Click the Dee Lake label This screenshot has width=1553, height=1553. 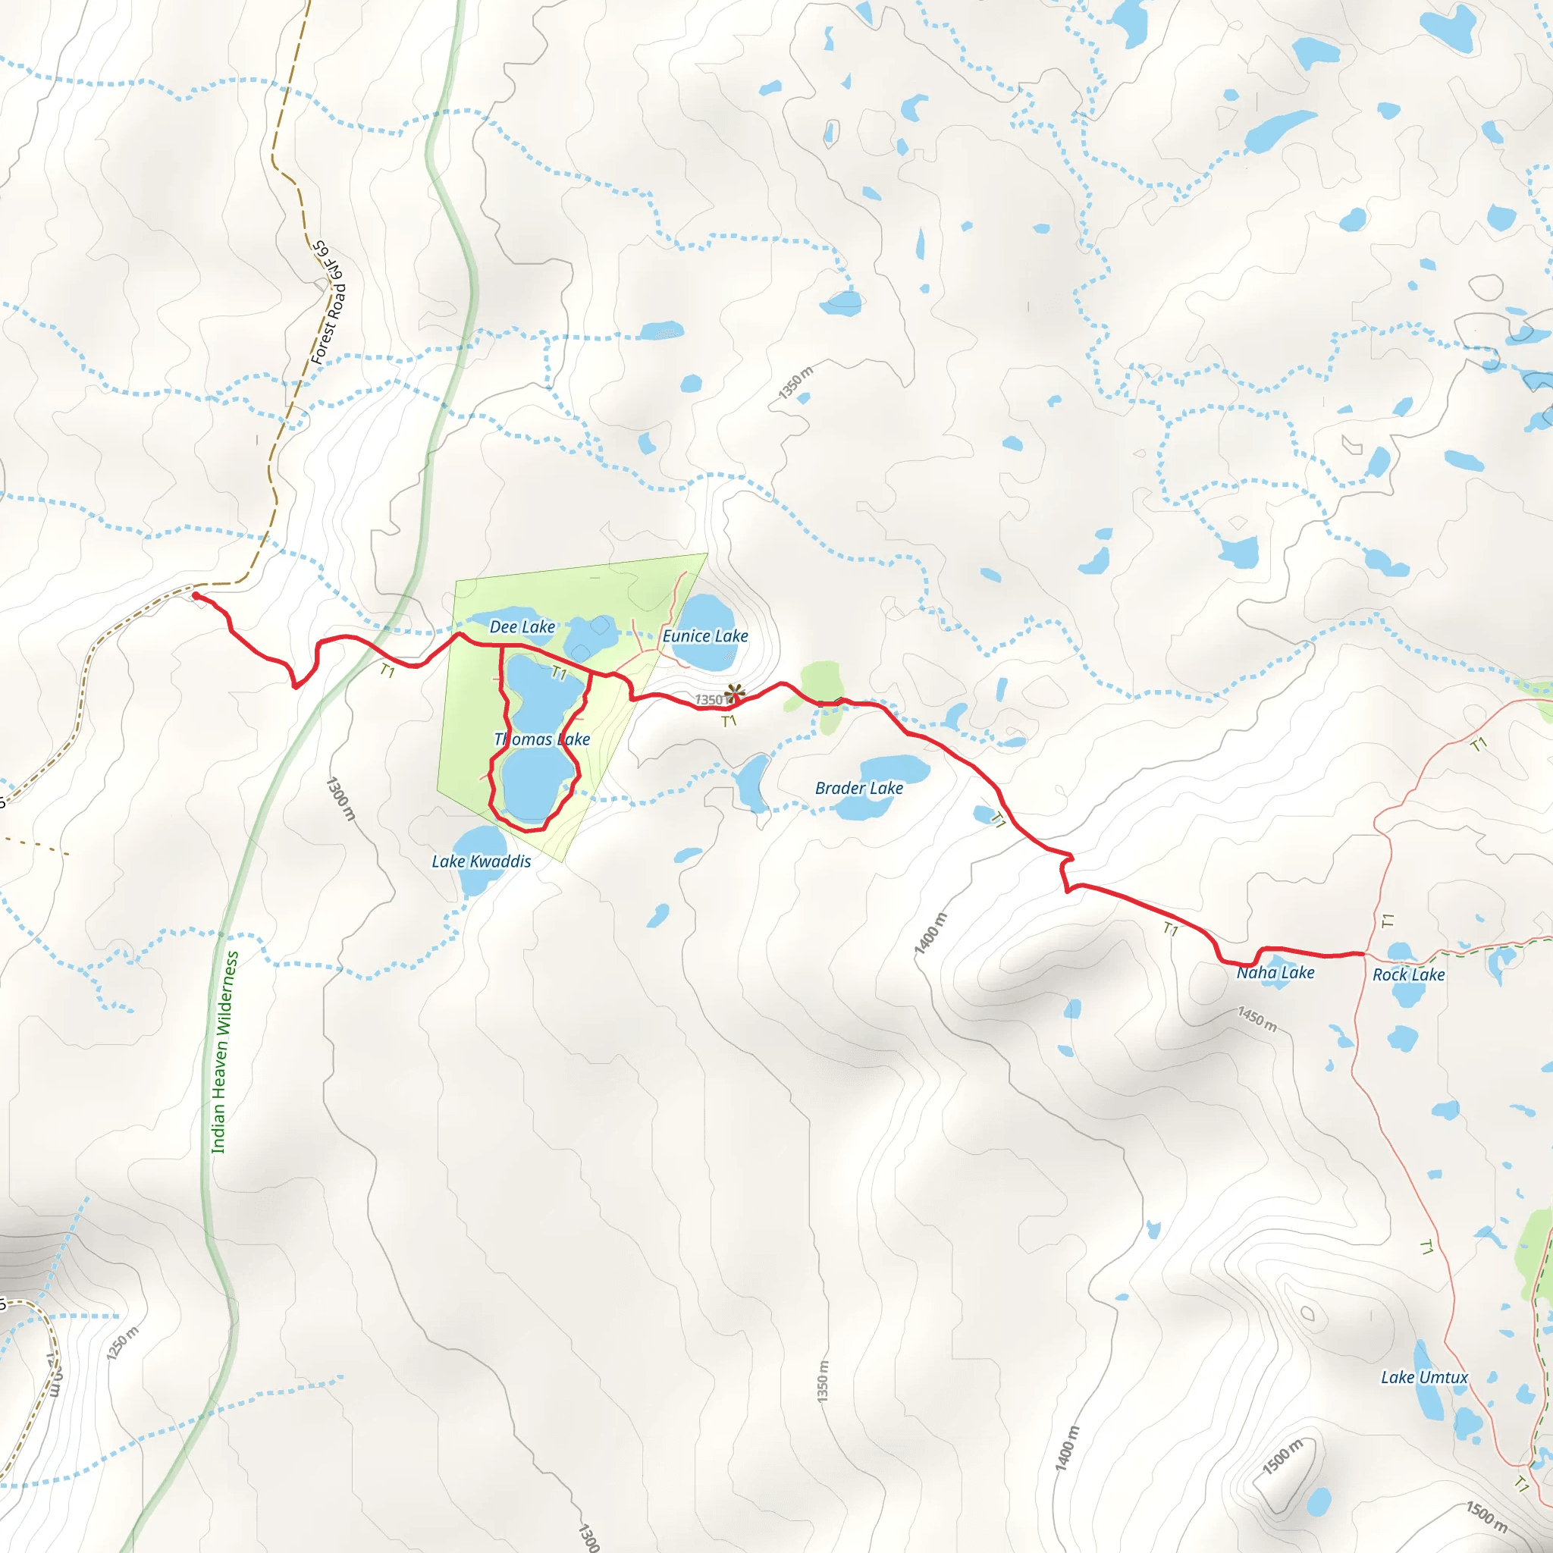click(522, 627)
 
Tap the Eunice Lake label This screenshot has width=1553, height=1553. click(705, 635)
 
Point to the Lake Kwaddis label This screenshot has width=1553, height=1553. click(482, 861)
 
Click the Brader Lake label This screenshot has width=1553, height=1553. click(858, 789)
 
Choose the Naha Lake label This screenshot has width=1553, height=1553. click(1275, 973)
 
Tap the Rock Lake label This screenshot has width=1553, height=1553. click(1408, 975)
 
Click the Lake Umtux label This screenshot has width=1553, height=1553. click(1424, 1378)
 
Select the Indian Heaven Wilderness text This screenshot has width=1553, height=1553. click(225, 1053)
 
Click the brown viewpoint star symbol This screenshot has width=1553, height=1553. click(734, 692)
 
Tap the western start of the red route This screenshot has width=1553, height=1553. click(196, 595)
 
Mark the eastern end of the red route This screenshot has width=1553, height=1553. click(1363, 953)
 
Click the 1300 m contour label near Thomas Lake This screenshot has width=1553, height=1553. click(340, 798)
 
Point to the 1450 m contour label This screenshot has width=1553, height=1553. click(1257, 1019)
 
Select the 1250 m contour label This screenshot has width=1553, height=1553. click(122, 1344)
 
